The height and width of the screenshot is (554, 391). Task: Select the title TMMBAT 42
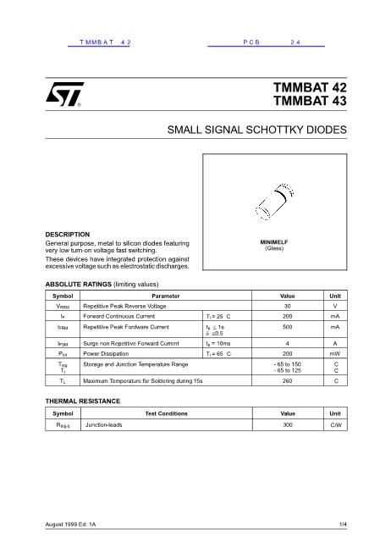coord(310,87)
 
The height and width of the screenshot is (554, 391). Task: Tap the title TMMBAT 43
coord(310,102)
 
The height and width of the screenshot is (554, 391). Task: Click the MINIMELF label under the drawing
coord(274,242)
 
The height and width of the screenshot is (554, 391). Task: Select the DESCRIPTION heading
coord(67,234)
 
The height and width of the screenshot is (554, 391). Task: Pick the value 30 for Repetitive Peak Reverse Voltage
coord(288,305)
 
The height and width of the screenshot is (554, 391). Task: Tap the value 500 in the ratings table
coord(288,326)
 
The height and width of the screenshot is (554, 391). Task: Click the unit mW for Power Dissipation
coord(335,353)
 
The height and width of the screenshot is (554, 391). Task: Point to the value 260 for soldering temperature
coord(288,381)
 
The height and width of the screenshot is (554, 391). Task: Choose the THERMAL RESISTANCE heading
coord(82,399)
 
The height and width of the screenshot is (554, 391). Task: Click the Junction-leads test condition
coord(104,424)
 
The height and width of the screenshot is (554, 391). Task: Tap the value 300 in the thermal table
coord(288,424)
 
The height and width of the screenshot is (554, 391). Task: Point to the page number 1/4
coord(343,526)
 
